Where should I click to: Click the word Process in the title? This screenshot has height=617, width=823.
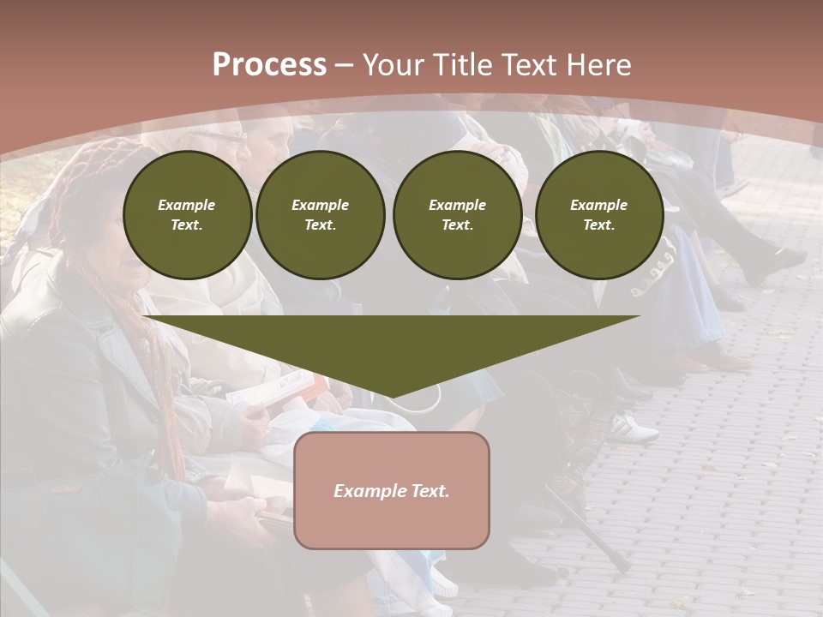tap(269, 65)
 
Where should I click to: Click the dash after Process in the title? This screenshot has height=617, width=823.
tap(344, 66)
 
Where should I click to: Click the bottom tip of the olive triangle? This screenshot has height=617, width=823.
tap(392, 395)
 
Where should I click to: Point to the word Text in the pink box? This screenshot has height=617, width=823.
tap(429, 491)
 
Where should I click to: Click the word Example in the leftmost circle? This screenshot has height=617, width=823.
tap(187, 205)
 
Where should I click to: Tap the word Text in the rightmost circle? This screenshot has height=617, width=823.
tap(599, 225)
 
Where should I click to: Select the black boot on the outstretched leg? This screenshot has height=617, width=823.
tap(772, 262)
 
